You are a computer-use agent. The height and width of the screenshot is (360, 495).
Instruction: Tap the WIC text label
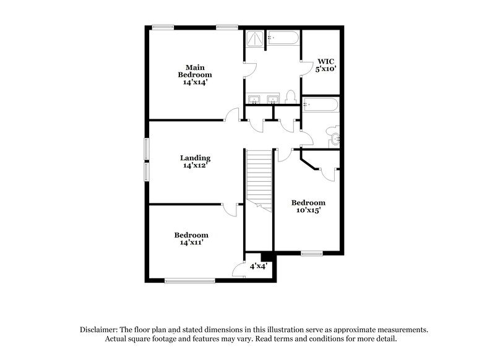[x=326, y=61]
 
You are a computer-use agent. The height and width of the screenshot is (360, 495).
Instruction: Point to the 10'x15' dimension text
[x=308, y=210]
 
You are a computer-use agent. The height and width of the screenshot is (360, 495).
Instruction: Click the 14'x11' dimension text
[x=191, y=242]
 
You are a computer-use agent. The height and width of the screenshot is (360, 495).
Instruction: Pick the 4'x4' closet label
[x=258, y=266]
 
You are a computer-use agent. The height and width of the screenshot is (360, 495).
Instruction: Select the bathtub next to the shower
[x=283, y=39]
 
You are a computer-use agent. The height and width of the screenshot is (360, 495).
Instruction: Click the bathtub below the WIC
[x=321, y=105]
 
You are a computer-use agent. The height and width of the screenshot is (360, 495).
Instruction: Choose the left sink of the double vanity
[x=254, y=100]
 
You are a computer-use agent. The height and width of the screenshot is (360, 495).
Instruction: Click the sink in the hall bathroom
[x=335, y=139]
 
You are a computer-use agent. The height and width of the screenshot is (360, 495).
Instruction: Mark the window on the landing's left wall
[x=147, y=160]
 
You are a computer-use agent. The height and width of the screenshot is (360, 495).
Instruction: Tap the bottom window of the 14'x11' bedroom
[x=189, y=281]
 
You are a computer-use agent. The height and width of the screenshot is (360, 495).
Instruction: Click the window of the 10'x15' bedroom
[x=312, y=253]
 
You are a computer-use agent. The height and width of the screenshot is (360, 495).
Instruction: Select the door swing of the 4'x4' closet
[x=237, y=268]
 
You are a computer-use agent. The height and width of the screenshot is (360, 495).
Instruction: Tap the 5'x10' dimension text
[x=326, y=69]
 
